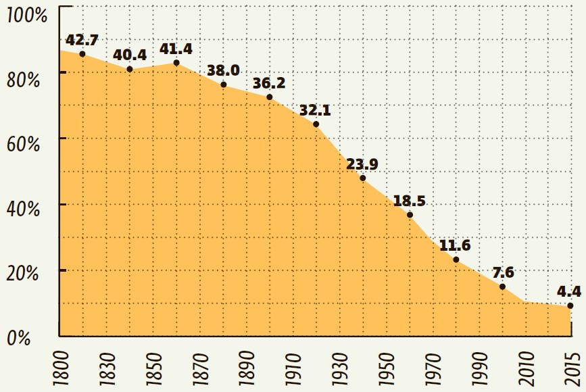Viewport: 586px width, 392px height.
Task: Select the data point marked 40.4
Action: [x=130, y=69]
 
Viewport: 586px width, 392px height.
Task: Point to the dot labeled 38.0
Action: [x=224, y=84]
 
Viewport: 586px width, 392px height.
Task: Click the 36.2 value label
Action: [x=269, y=83]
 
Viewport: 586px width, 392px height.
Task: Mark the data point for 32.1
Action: [x=316, y=124]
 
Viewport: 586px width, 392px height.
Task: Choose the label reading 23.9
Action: [x=362, y=164]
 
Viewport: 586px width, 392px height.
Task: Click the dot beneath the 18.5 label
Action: [x=410, y=215]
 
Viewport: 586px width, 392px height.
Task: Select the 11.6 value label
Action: [x=456, y=245]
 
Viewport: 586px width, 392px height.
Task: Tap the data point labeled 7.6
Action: [x=503, y=287]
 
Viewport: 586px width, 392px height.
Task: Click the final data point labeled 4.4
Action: [x=570, y=305]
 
